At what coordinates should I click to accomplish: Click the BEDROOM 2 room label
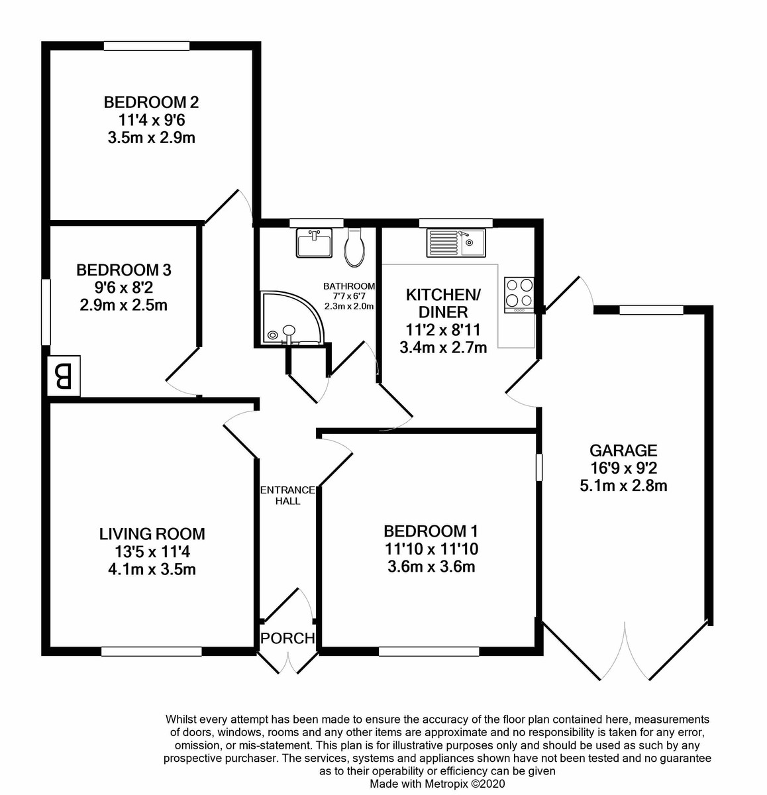[152, 103]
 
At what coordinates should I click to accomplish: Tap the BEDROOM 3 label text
[124, 270]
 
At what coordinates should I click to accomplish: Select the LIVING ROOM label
[152, 533]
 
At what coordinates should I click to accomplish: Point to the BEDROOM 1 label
[431, 531]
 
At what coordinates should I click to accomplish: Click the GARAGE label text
[623, 450]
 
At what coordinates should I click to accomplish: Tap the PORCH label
[287, 639]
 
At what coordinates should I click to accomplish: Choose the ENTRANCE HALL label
[287, 496]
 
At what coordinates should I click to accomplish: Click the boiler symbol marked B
[64, 377]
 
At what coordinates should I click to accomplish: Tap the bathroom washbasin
[314, 242]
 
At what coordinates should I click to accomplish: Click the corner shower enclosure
[289, 318]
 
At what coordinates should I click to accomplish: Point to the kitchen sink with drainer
[456, 242]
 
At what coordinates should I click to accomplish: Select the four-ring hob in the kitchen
[519, 293]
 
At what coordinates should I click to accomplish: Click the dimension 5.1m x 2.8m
[623, 486]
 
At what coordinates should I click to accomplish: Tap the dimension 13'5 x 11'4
[152, 551]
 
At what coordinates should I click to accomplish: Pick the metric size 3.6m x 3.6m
[431, 566]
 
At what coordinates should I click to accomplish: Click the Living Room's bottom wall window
[151, 652]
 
